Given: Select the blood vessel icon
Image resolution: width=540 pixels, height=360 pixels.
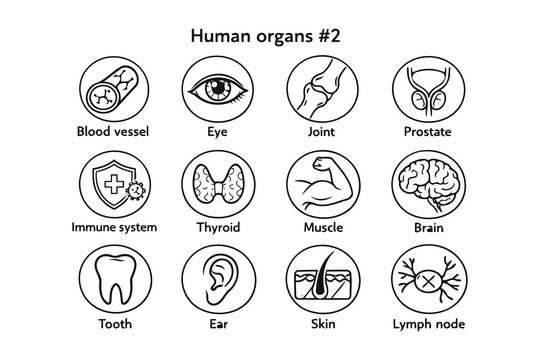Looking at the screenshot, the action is point(104,88).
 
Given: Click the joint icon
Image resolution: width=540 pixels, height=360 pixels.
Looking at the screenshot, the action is point(318,88).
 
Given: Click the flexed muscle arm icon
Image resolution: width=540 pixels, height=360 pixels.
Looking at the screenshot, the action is point(318,186).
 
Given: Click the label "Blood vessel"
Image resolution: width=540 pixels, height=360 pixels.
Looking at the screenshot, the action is point(104,131).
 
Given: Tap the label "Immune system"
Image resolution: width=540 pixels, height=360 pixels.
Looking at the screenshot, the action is point(104,228).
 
